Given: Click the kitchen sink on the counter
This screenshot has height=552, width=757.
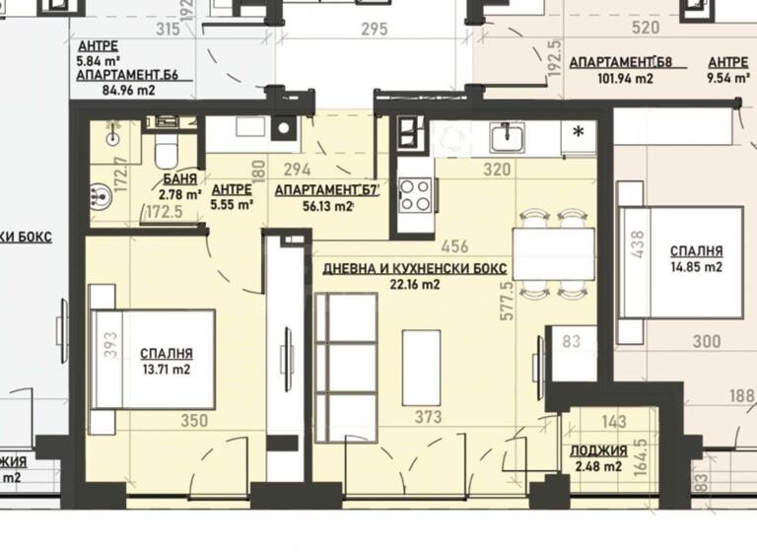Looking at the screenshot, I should pos(509,136).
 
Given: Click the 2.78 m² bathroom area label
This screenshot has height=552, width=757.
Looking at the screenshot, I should pos(180,194).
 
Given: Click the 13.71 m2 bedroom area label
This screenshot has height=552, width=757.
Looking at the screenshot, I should pos(166,370).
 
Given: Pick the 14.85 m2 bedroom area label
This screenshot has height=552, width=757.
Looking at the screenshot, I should pos(696,266).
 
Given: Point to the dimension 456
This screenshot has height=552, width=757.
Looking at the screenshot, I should pos(454,246).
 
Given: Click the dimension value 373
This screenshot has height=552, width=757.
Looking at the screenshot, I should pos(428,418).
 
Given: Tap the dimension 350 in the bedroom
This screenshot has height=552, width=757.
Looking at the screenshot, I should pos(194,421).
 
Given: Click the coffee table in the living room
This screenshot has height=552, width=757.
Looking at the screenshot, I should pos(422,367).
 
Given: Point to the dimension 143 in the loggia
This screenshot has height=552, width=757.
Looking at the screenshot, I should pos(613,422).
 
